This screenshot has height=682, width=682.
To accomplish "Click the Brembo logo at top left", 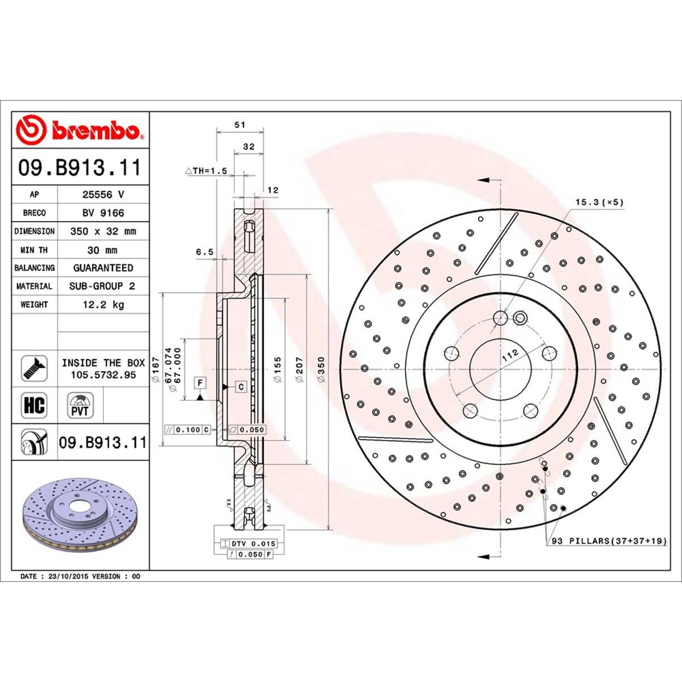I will point(80,130).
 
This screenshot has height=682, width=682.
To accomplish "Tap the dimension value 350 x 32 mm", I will point(103,231).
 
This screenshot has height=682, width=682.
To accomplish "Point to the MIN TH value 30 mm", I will point(103,250).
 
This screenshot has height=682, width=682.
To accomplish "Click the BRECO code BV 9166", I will point(103,213).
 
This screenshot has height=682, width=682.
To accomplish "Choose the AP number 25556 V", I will point(103,194).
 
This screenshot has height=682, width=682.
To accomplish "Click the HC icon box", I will point(34,406).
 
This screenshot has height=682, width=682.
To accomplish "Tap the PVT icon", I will point(80,406).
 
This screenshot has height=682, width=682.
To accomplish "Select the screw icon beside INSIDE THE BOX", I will point(34,368).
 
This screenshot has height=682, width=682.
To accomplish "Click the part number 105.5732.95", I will point(103,375).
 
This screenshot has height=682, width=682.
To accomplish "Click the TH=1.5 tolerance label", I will point(206,170).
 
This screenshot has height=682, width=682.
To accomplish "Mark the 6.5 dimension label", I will point(205,252).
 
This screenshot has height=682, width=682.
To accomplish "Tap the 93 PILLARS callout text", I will point(609,541).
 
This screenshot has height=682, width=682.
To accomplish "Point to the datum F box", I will point(200,383).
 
